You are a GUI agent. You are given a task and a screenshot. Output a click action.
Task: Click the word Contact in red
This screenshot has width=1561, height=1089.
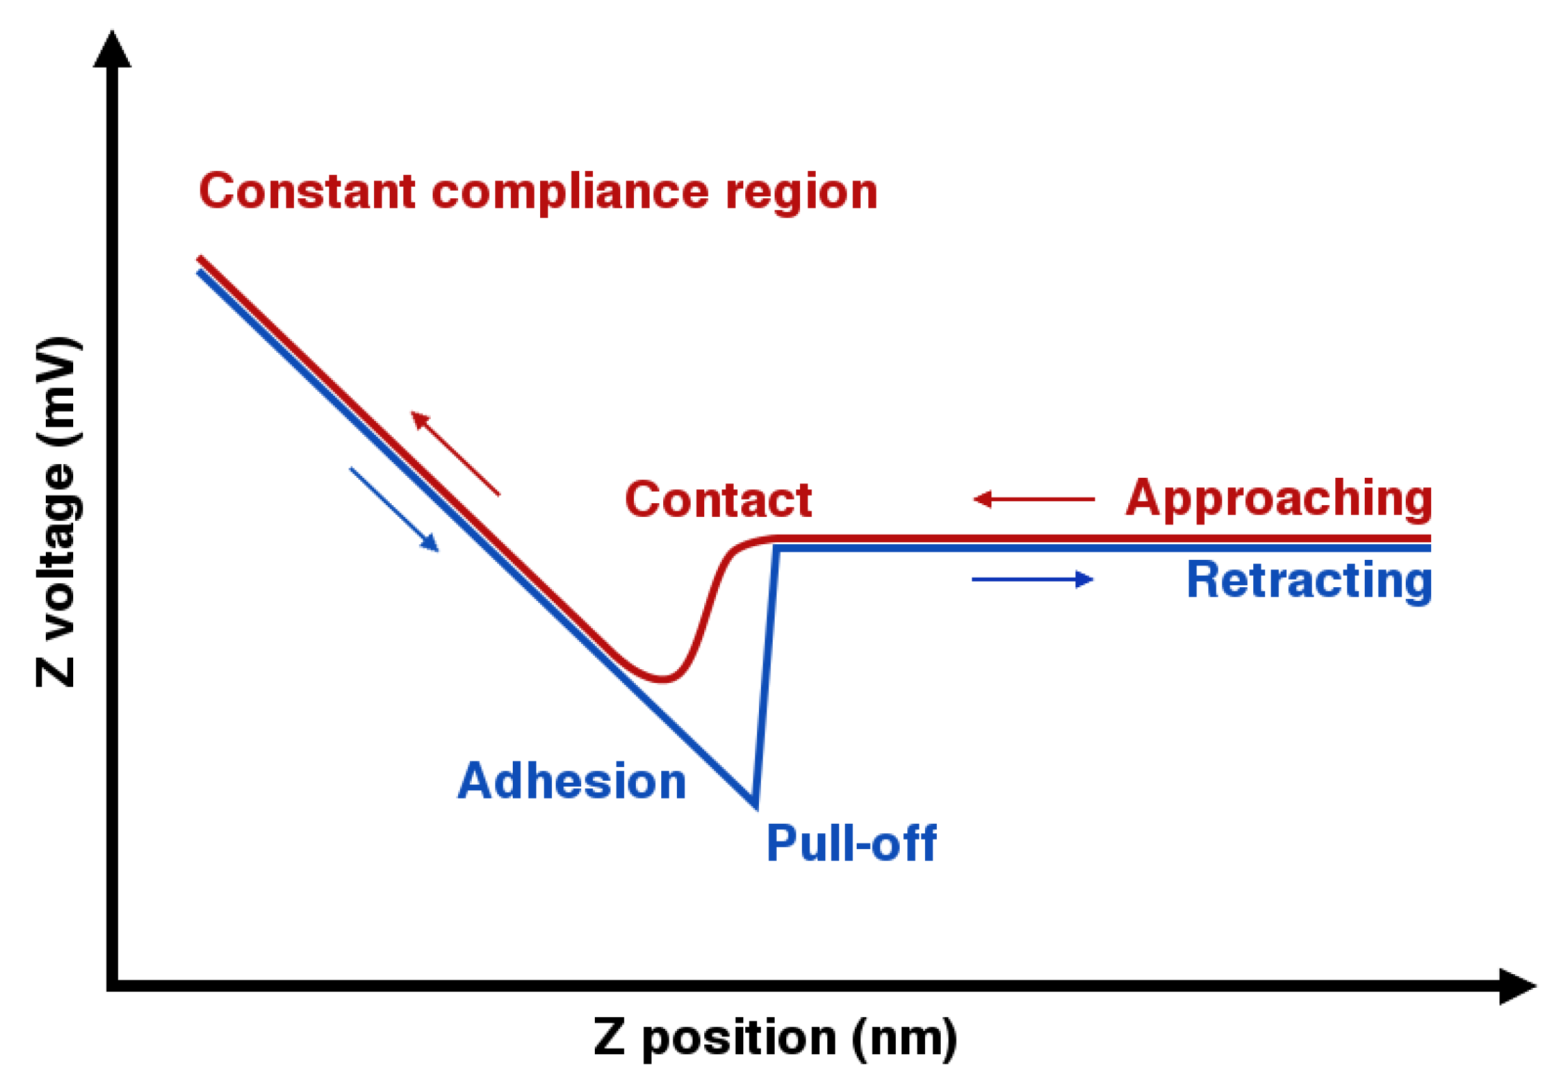pyautogui.click(x=718, y=500)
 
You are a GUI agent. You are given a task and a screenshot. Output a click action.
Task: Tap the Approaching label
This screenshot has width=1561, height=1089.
pyautogui.click(x=1279, y=499)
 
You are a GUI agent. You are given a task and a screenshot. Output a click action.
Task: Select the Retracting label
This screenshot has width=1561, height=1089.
pyautogui.click(x=1309, y=580)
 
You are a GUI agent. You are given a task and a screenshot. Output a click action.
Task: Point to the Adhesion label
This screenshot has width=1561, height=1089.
pyautogui.click(x=572, y=781)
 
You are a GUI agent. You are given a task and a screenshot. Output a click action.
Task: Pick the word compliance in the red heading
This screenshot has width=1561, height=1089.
pyautogui.click(x=570, y=193)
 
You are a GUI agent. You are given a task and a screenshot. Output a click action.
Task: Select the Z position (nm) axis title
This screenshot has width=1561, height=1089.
pyautogui.click(x=775, y=1038)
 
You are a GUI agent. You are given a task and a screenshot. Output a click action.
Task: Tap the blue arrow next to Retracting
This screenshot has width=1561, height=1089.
pyautogui.click(x=1032, y=580)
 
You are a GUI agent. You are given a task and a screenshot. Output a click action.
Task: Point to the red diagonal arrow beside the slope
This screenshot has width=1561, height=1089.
pyautogui.click(x=455, y=453)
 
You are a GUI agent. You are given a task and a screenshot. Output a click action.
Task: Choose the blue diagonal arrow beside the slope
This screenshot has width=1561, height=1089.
pyautogui.click(x=395, y=509)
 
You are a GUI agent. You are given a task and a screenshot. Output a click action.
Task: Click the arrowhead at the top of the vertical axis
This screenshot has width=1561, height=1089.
pyautogui.click(x=112, y=50)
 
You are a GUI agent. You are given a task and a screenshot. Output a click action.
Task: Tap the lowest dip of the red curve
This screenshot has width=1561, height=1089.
pyautogui.click(x=662, y=679)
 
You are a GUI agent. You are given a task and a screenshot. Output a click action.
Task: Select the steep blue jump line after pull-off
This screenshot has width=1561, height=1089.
pyautogui.click(x=766, y=677)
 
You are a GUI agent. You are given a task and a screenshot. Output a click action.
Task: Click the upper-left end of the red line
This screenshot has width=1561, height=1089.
pyautogui.click(x=200, y=259)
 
